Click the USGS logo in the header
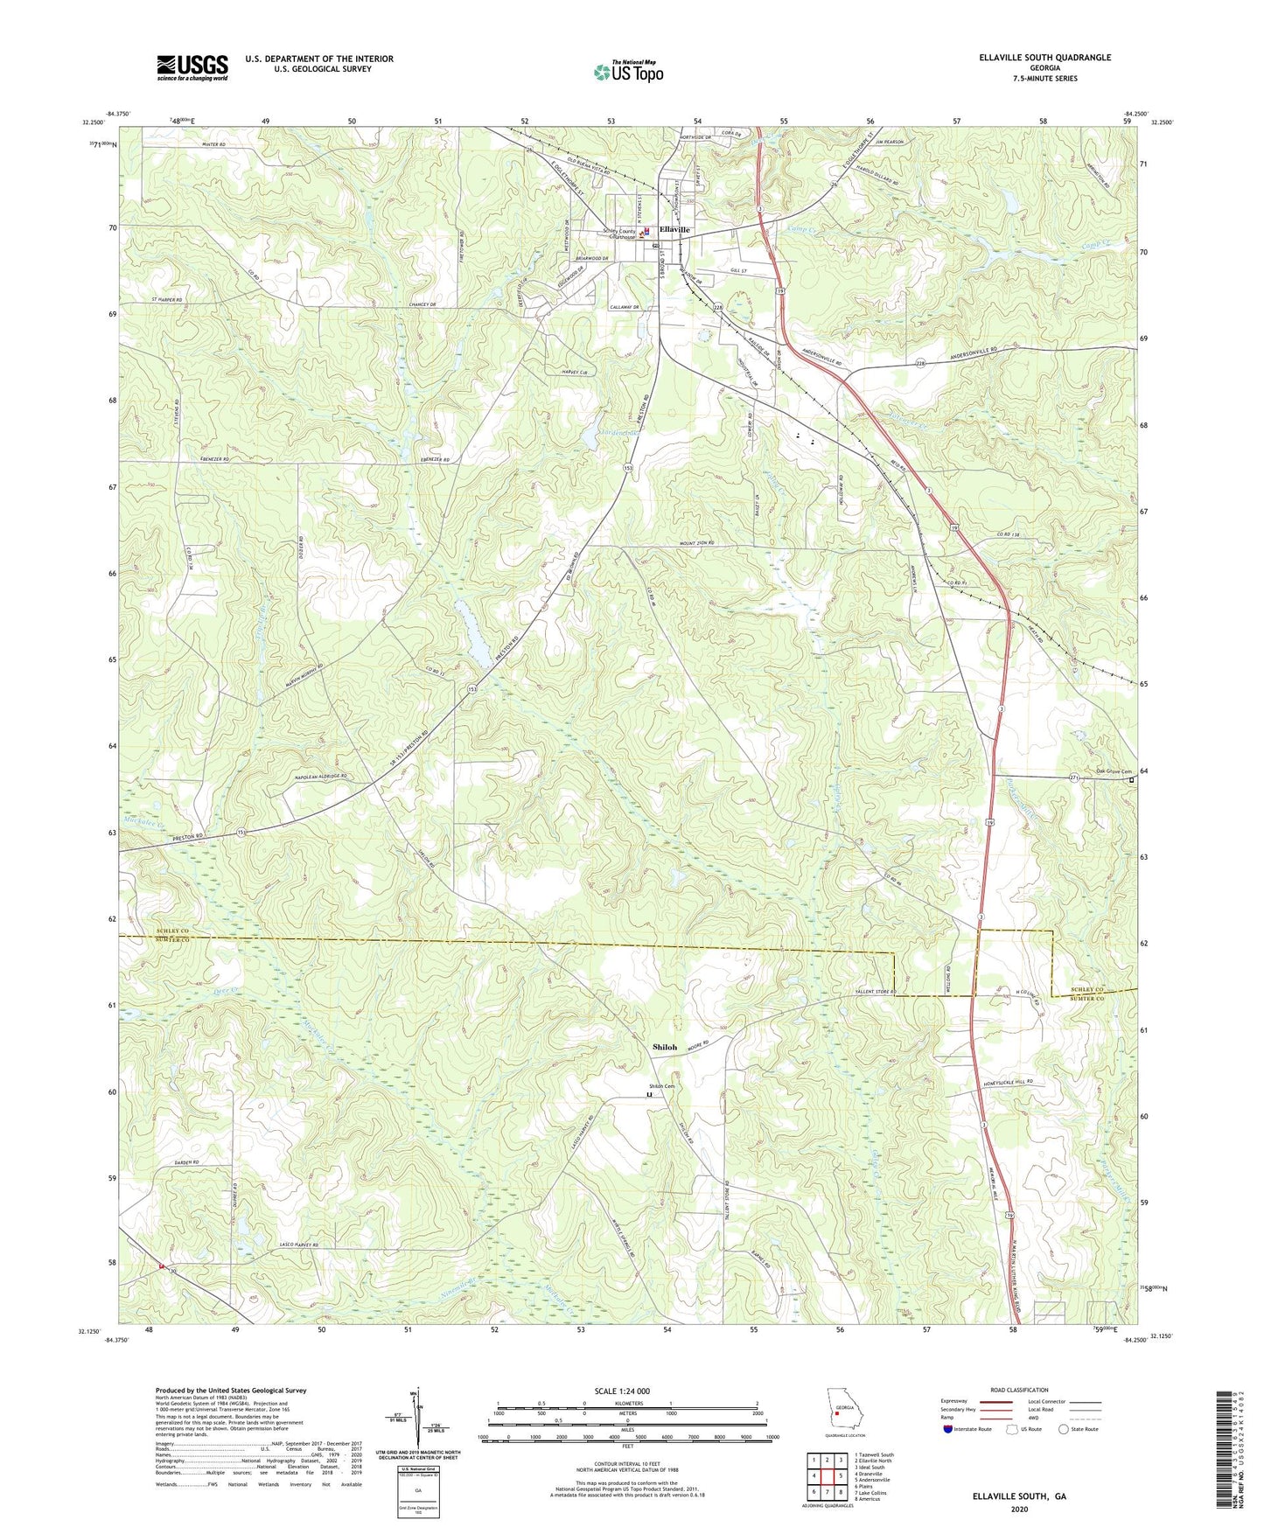(x=192, y=67)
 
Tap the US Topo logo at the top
(x=627, y=72)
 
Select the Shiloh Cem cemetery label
(x=661, y=1086)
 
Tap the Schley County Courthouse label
(x=620, y=234)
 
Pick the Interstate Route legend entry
(x=969, y=1429)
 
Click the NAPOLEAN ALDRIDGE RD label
(x=318, y=776)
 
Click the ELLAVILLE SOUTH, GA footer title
(x=1019, y=1496)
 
